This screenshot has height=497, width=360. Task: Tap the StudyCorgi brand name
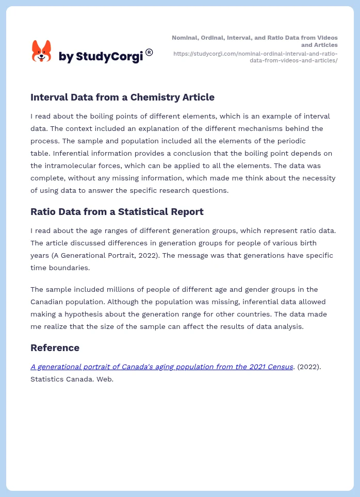point(101,57)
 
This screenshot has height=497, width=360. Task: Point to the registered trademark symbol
point(149,52)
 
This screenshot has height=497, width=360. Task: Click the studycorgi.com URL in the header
point(255,57)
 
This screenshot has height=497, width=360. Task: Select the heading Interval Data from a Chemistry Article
point(122,97)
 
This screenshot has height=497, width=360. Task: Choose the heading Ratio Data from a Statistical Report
point(117,211)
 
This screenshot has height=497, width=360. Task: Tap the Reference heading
point(55,347)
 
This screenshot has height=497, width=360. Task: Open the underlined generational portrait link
point(162,367)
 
